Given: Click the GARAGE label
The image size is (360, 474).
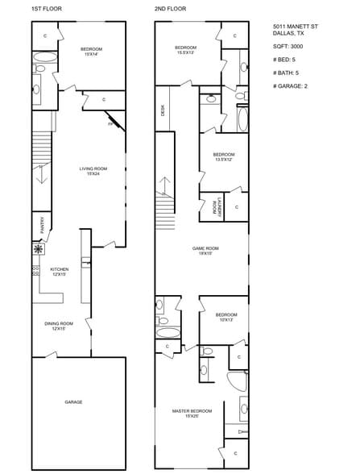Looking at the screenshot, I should tap(73, 401).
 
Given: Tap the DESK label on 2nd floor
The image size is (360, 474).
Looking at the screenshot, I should tap(163, 112).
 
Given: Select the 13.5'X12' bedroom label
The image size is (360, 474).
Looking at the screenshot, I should tap(223, 156).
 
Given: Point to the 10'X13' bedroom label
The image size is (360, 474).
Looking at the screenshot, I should tap(226, 317).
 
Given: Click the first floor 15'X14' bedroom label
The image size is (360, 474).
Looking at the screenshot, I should tap(91, 52).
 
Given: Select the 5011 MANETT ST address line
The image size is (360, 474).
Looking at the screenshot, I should tap(295, 27).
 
